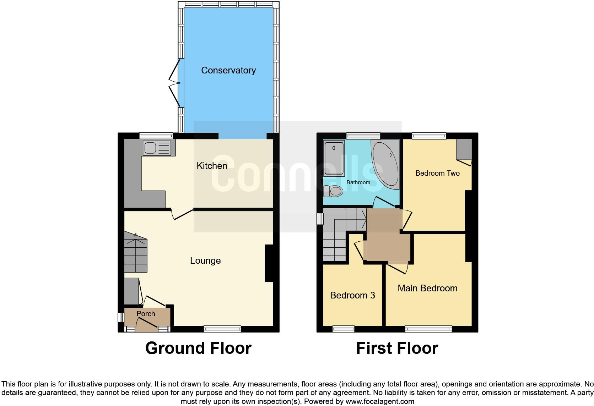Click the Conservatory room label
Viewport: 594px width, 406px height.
(228, 70)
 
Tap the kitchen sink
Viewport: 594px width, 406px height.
(157, 148)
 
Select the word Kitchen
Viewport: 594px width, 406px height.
(212, 166)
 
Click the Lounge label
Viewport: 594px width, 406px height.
(205, 260)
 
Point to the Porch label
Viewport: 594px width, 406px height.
(146, 314)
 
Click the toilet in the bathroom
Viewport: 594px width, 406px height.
(333, 191)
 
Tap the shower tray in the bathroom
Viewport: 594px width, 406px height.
(334, 158)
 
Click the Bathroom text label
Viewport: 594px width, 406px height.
(358, 182)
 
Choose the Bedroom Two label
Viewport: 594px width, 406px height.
(437, 173)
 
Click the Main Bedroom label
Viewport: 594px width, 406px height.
(427, 288)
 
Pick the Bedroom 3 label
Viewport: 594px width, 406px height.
(352, 295)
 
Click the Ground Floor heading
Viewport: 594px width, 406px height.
(198, 348)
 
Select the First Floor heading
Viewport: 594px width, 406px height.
(397, 348)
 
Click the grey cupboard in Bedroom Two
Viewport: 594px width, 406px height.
(464, 149)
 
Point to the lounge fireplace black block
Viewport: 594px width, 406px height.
(269, 263)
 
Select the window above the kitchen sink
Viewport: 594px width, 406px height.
(156, 135)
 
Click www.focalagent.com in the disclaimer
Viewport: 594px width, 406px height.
(380, 401)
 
